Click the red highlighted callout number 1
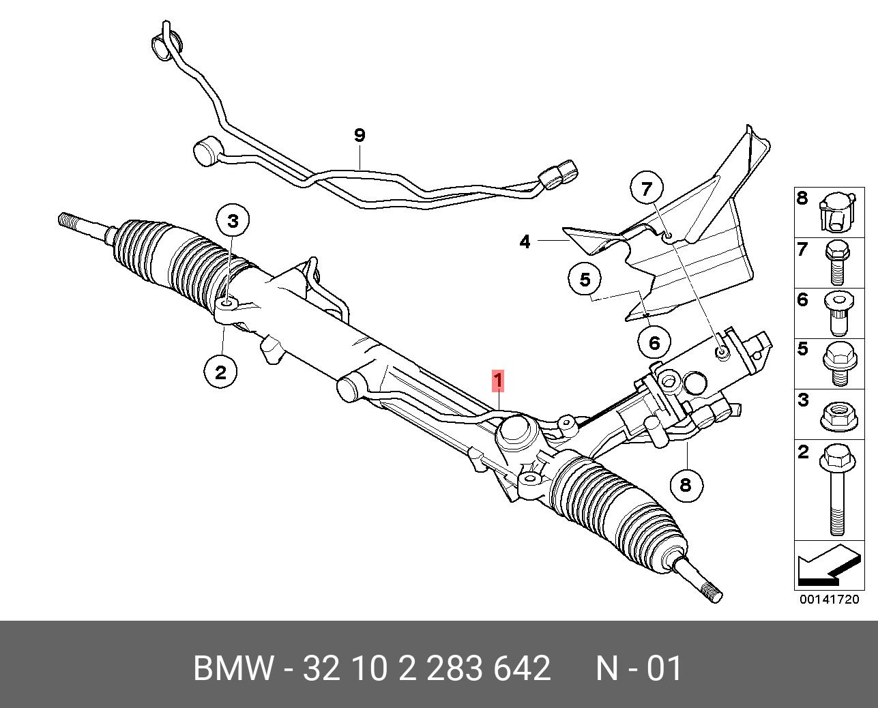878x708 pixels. (x=499, y=381)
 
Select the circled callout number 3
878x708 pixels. (x=233, y=221)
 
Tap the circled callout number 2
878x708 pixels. (x=220, y=372)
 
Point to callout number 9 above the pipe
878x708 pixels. (x=360, y=135)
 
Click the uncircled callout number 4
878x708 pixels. (x=525, y=241)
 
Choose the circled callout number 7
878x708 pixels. (x=647, y=188)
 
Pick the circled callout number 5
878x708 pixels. (x=585, y=280)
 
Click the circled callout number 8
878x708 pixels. (x=686, y=484)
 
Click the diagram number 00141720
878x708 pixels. (x=830, y=600)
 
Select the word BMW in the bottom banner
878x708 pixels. (x=234, y=668)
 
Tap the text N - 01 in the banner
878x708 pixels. (x=639, y=668)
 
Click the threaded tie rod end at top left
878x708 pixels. (x=74, y=222)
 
